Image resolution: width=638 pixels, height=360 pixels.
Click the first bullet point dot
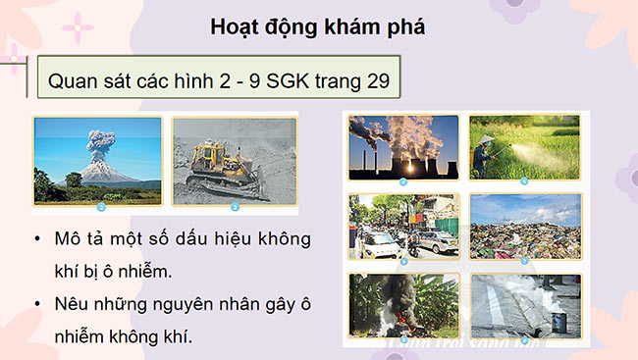tap(36, 240)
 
